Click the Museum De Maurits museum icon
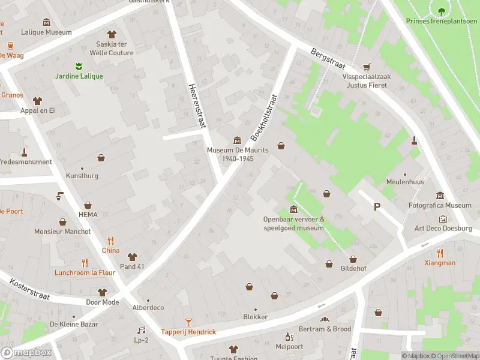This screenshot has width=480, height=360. (237, 140)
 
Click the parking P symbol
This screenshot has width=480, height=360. (377, 207)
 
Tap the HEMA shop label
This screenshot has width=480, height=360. (88, 214)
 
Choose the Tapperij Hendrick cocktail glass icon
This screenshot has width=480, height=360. (188, 322)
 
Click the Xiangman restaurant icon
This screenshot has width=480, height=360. (440, 253)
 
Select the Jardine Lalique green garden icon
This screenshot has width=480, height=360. (78, 65)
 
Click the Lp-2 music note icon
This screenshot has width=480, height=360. (142, 330)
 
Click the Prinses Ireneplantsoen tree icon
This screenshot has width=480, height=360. (442, 10)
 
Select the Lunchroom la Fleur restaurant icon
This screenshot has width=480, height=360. (85, 262)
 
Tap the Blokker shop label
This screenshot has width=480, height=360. (255, 317)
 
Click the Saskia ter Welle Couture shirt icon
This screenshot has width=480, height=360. (111, 34)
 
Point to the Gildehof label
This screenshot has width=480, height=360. (362, 260)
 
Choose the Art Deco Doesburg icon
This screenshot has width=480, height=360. (443, 219)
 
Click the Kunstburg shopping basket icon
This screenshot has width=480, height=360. (101, 158)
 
